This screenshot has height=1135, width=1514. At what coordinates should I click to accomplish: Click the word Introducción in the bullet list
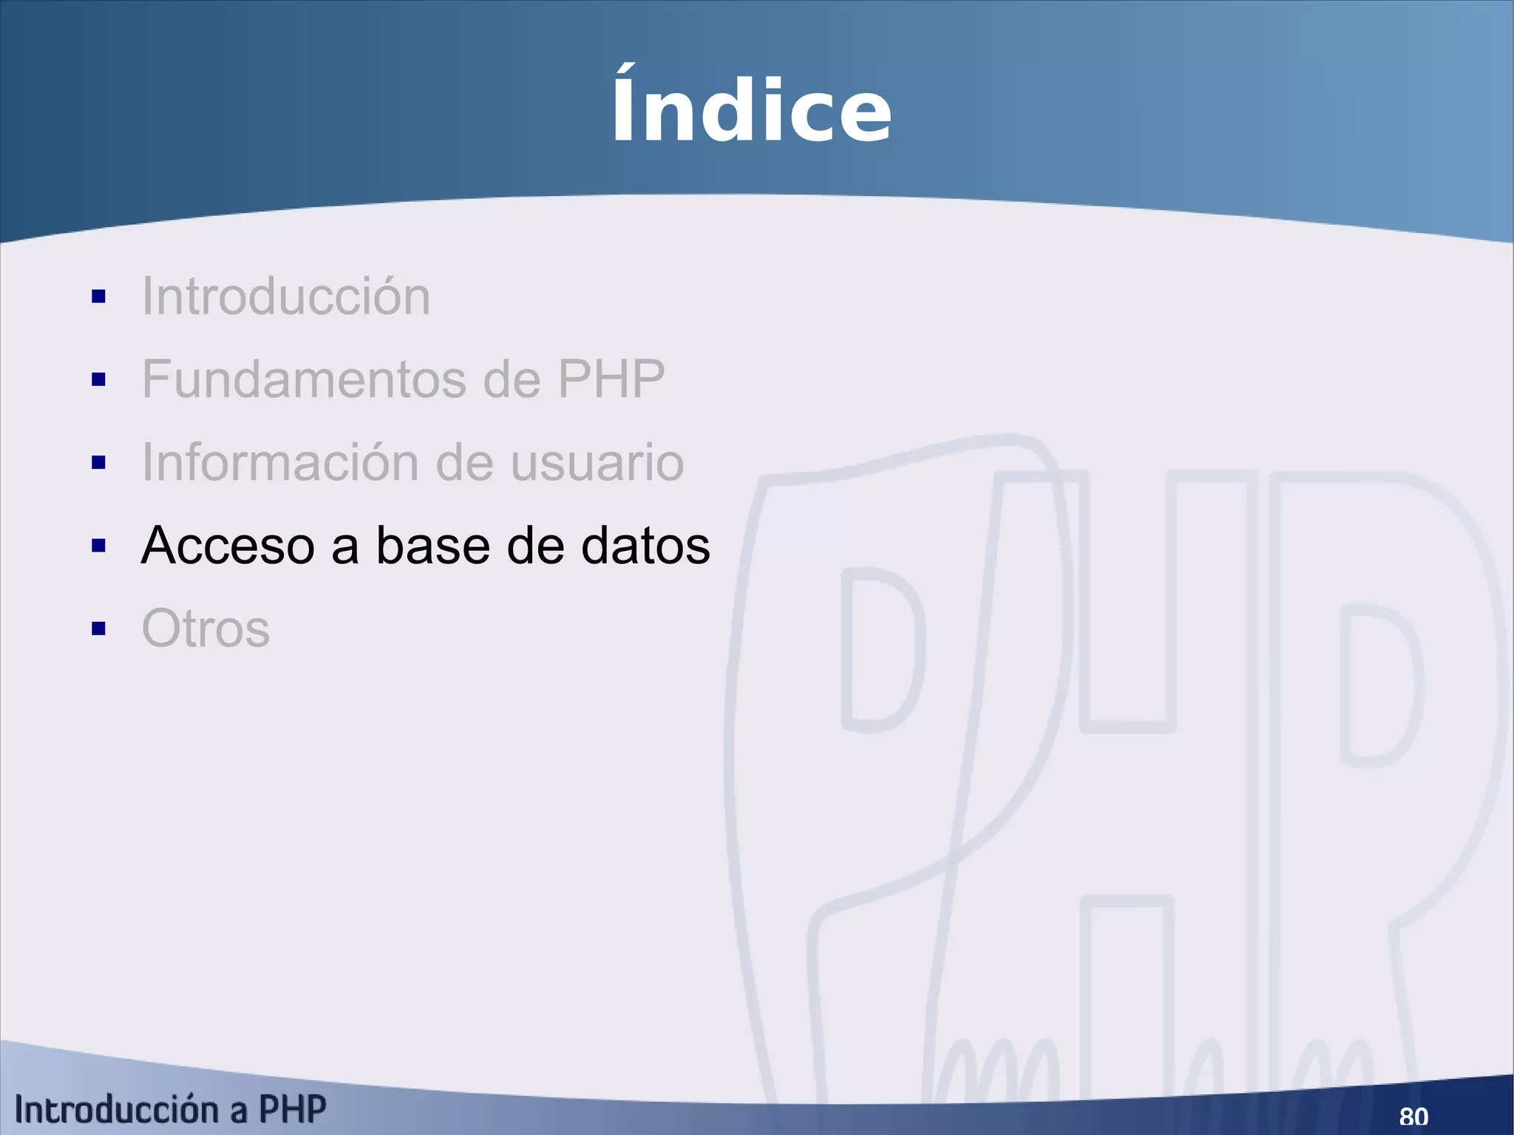(285, 297)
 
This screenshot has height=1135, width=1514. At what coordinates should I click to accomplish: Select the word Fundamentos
(304, 379)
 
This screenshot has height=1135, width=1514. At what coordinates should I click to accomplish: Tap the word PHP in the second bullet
(611, 379)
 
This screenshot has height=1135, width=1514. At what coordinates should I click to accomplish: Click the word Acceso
(228, 546)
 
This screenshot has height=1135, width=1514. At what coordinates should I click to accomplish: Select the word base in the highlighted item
(433, 546)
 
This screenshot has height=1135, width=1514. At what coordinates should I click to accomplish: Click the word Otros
(206, 629)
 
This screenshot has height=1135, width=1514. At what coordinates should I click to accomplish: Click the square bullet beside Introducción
(99, 297)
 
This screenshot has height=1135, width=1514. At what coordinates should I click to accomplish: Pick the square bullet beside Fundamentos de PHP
(99, 380)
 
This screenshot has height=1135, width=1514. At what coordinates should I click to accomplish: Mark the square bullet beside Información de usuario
(99, 463)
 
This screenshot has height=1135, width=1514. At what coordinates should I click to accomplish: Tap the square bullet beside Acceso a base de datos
(99, 546)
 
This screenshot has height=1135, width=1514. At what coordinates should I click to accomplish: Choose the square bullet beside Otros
(99, 629)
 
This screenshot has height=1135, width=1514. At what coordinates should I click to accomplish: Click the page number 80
(1413, 1116)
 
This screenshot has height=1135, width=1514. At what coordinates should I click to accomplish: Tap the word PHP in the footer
(292, 1110)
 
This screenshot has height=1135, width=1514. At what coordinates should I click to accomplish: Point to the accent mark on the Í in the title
(625, 71)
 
